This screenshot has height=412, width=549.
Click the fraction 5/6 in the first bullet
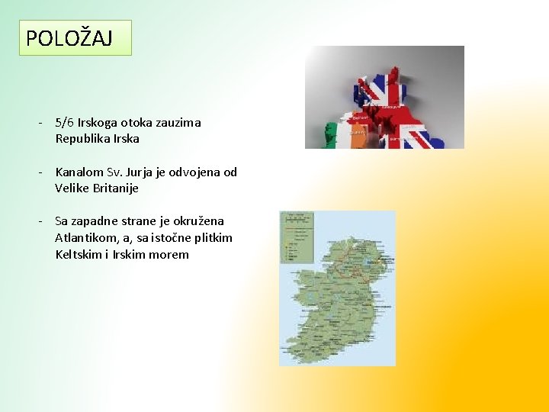(64, 122)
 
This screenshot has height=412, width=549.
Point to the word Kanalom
(81, 172)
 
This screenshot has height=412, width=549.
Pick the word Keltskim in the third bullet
(79, 254)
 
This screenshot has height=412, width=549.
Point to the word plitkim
(210, 238)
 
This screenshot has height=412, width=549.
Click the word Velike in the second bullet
(74, 188)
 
